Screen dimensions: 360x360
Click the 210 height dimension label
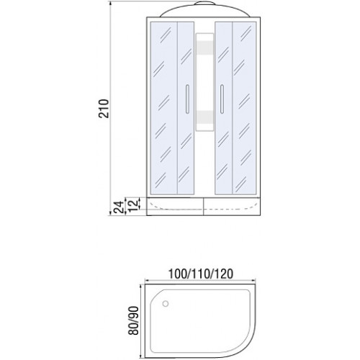pyautogui.click(x=104, y=108)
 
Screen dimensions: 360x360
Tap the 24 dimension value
pyautogui.click(x=119, y=207)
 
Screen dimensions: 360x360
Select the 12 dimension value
pyautogui.click(x=135, y=204)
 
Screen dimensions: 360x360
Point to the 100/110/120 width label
pyautogui.click(x=200, y=274)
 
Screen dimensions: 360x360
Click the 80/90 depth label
pyautogui.click(x=133, y=320)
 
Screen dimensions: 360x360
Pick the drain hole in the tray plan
pyautogui.click(x=166, y=304)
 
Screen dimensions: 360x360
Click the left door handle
pyautogui.click(x=187, y=99)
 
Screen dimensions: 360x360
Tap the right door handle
pyautogui.click(x=222, y=99)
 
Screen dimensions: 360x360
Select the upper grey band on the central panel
pyautogui.click(x=204, y=48)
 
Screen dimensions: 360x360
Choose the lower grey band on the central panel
pyautogui.click(x=204, y=117)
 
